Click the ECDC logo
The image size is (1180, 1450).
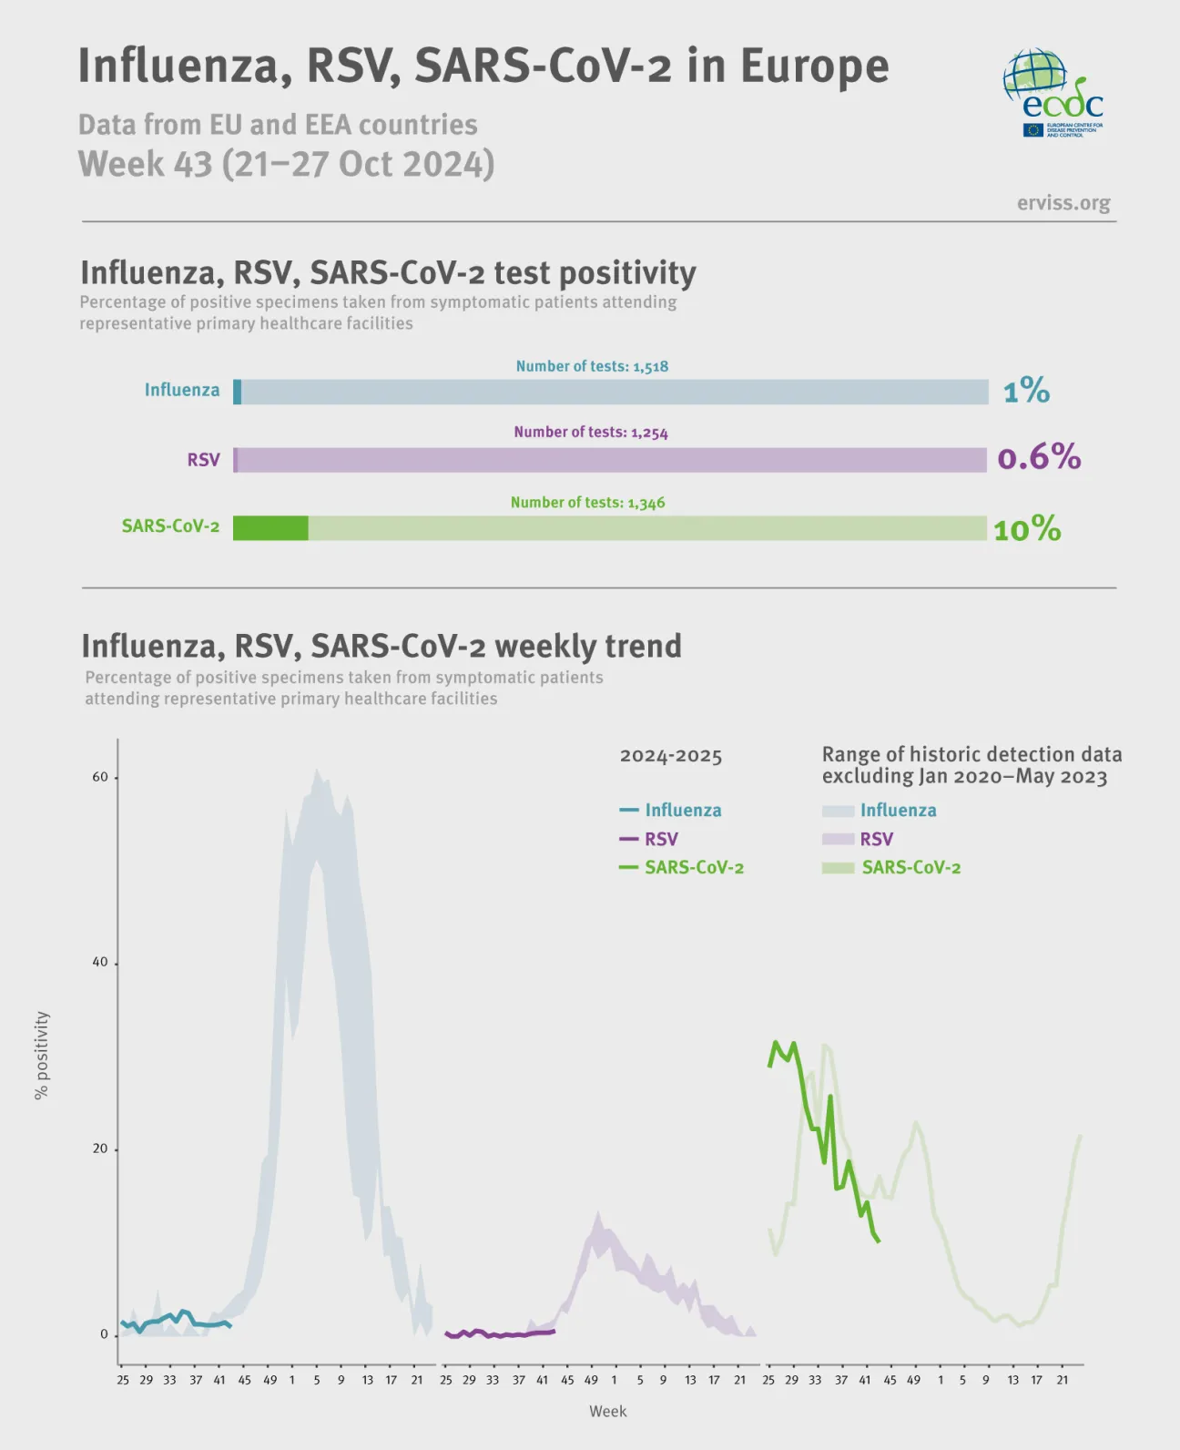(x=1053, y=92)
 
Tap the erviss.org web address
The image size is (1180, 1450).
(x=1063, y=202)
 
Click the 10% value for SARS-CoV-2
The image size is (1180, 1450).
(x=1027, y=529)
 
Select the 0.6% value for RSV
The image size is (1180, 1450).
(x=1039, y=457)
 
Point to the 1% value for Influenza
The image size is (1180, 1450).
(x=1026, y=392)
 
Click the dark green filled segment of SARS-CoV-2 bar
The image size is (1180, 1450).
(x=270, y=528)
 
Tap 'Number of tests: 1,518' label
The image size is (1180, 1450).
(x=592, y=366)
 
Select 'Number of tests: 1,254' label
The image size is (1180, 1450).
(x=590, y=433)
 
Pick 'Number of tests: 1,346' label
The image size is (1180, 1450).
(x=587, y=503)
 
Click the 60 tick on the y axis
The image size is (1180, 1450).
(x=100, y=777)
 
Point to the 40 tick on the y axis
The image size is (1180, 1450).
(x=100, y=963)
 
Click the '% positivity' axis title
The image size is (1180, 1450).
(x=42, y=1055)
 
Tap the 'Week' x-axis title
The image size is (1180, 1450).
(x=607, y=1411)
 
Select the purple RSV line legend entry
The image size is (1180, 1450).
(x=650, y=839)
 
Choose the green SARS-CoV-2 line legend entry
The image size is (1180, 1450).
(x=683, y=867)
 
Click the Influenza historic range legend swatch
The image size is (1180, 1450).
(x=838, y=811)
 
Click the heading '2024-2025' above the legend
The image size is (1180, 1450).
(x=670, y=756)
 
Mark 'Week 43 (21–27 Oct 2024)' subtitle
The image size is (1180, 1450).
(x=286, y=164)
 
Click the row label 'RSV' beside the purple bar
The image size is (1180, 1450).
(x=203, y=460)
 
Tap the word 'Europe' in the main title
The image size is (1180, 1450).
(x=814, y=66)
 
